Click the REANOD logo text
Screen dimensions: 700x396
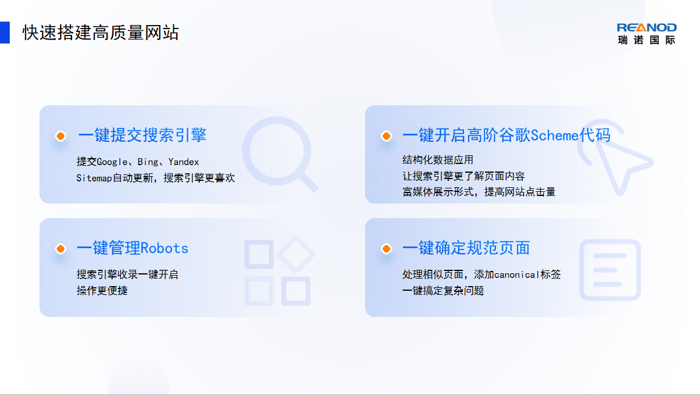tap(647, 28)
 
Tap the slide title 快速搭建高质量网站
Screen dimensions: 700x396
tap(101, 33)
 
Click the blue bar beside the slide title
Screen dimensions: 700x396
tap(5, 32)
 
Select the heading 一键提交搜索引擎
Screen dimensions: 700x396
tap(142, 135)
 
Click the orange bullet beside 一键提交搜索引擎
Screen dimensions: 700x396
tap(60, 136)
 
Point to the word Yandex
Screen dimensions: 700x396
tap(184, 162)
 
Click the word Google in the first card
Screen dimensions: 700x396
tap(112, 162)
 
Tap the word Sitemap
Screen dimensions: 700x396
tap(94, 178)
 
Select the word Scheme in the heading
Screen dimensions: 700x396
tap(555, 135)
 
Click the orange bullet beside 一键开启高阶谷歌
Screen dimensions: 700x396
tap(387, 136)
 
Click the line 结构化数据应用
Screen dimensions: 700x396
tap(438, 160)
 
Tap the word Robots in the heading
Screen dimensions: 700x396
tap(165, 248)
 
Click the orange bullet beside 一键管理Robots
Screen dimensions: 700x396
tap(60, 249)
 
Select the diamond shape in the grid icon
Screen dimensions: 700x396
tap(296, 255)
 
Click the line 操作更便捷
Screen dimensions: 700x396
tap(102, 291)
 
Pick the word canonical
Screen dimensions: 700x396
tap(517, 274)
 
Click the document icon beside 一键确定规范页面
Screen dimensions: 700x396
tap(610, 270)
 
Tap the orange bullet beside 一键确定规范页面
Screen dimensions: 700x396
tap(387, 249)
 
